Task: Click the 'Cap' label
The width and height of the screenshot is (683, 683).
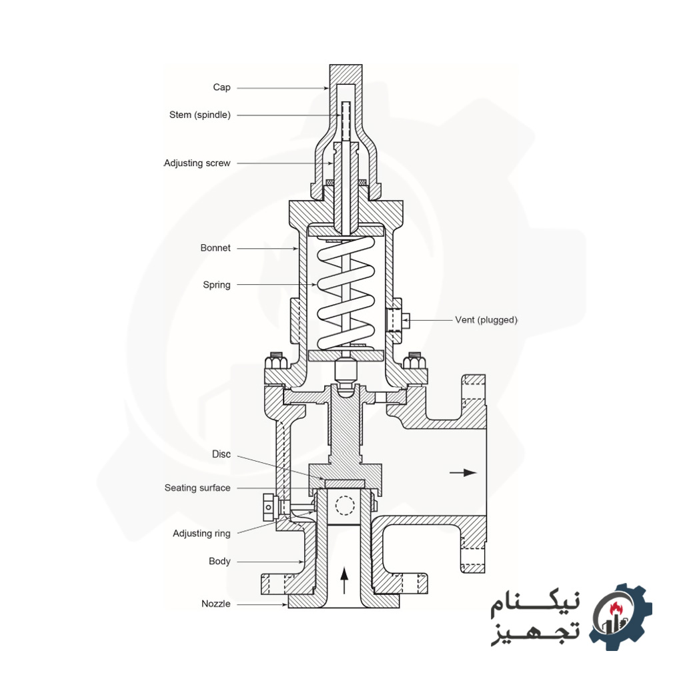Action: [221, 87]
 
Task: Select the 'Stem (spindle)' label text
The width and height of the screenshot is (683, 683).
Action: [199, 115]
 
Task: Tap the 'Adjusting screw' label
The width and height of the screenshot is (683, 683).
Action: [197, 163]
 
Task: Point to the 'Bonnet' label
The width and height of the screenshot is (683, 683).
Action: [215, 247]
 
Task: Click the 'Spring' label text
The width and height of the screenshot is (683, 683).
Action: [216, 285]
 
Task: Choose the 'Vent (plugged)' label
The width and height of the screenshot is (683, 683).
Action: [486, 320]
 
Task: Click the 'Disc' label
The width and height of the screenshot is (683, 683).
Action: [221, 454]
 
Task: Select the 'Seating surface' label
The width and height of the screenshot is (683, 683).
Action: [197, 488]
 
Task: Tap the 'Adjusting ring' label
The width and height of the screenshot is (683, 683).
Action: [201, 533]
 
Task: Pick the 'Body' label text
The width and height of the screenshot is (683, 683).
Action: [219, 561]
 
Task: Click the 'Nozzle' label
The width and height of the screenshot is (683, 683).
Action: [215, 604]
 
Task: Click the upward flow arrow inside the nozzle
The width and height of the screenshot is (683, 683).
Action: [344, 580]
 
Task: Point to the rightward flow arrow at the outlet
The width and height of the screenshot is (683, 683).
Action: [463, 472]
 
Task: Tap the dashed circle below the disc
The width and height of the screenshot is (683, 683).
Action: [344, 506]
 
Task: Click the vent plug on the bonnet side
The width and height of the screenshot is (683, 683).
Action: [398, 321]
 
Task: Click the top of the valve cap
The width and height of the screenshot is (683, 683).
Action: [346, 69]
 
